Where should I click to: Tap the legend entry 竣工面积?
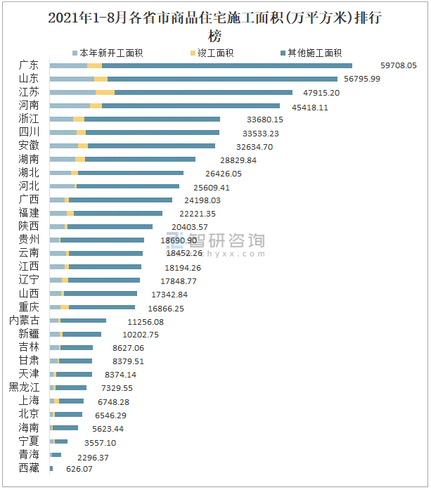215,53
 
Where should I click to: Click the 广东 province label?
30,65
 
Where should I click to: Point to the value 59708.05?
399,65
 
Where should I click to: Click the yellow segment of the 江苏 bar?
105,92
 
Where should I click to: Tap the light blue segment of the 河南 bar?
70,105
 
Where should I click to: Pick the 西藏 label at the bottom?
30,468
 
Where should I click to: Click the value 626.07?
79,468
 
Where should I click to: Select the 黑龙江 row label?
25,387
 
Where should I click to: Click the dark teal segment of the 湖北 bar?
130,173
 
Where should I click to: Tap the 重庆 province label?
30,307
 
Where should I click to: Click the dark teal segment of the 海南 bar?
65,427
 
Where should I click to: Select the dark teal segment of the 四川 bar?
152,132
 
